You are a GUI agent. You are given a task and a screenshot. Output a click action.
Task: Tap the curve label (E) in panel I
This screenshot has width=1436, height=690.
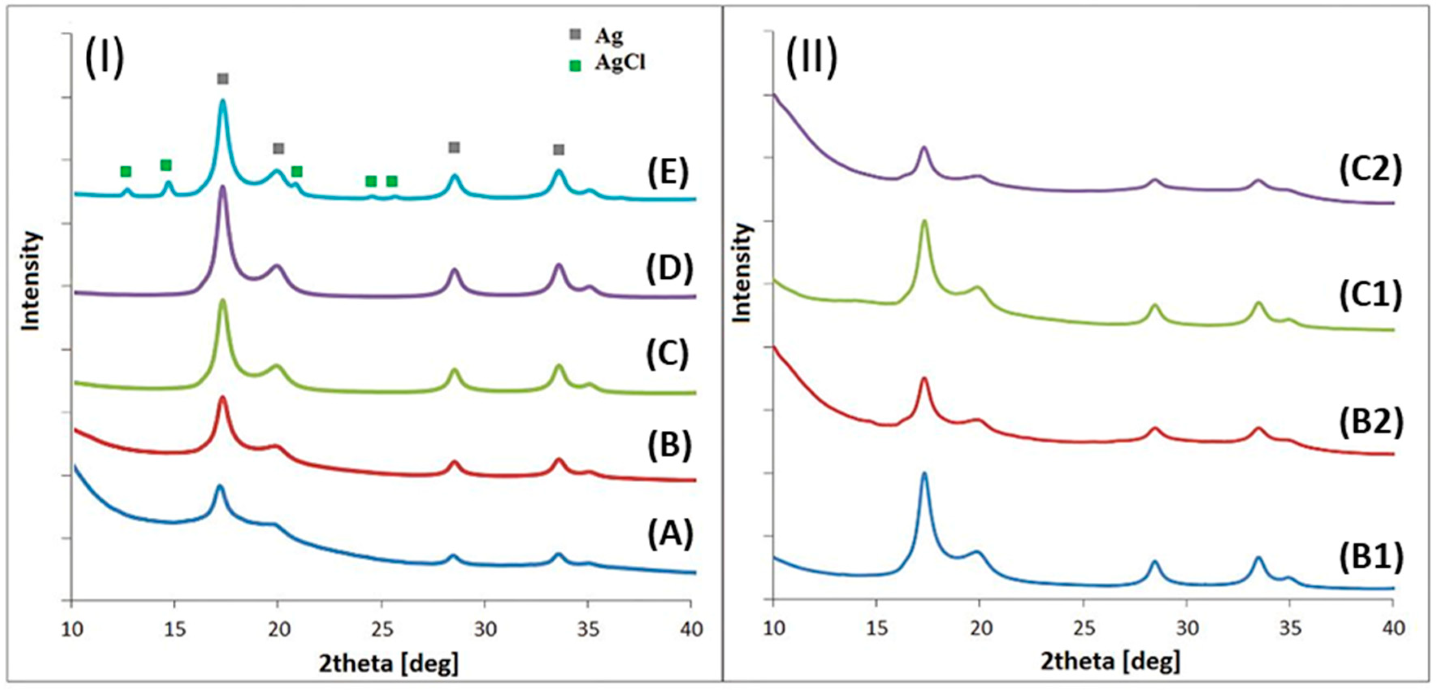pos(668,174)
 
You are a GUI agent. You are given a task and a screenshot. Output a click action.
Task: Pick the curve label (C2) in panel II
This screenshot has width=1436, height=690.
pos(1370,170)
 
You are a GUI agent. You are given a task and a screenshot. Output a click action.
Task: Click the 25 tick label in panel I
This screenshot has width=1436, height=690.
pos(382,629)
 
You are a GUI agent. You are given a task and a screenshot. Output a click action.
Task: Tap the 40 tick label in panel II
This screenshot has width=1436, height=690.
pos(1394,628)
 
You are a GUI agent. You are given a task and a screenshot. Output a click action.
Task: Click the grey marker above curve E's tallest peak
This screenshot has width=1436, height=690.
pos(223,79)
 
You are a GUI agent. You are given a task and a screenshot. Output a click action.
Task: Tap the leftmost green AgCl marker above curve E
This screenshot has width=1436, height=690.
pos(126,171)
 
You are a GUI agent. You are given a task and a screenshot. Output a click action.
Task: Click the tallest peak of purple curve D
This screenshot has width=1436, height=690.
pos(223,187)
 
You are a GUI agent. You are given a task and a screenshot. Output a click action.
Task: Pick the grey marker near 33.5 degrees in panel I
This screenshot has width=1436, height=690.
pos(559,150)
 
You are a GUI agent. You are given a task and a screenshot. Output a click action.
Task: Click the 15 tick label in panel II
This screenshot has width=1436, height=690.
pos(877,628)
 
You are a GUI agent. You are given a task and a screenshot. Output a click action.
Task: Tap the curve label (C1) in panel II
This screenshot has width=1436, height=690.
pos(1370,296)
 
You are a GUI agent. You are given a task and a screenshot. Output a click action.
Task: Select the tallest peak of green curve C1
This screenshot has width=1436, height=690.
pos(924,221)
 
